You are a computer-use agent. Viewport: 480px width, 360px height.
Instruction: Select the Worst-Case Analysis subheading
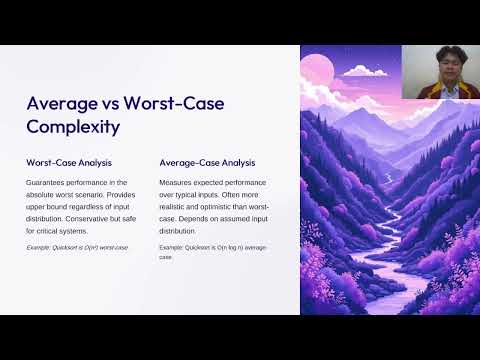(68, 162)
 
